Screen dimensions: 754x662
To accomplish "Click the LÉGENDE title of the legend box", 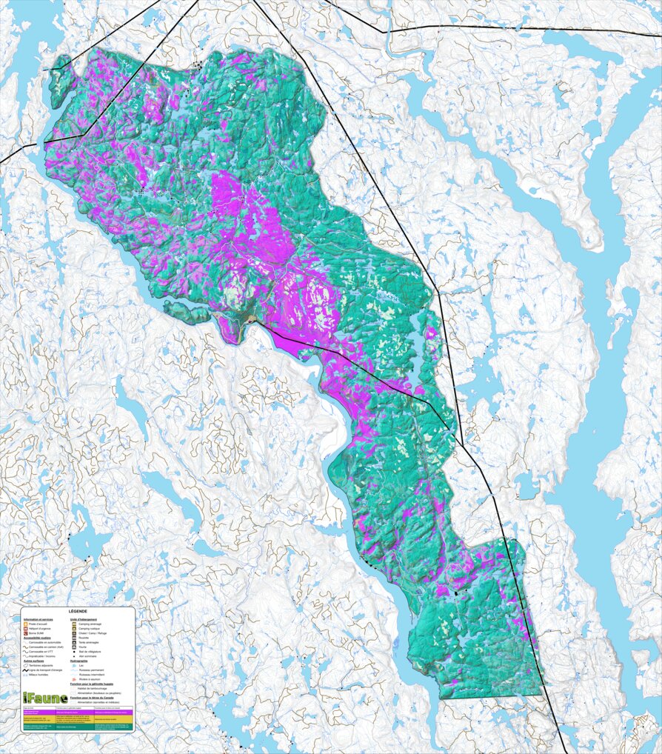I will point(78,612).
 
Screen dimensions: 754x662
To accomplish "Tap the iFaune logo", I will point(45,698).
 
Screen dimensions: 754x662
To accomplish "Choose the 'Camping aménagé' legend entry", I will point(89,624).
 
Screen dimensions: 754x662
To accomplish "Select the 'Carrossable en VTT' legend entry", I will point(41,651).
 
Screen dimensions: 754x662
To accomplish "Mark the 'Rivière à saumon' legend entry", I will point(90,680).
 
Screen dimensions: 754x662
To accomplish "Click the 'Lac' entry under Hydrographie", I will point(81,665).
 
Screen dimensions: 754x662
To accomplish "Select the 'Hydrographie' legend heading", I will point(79,660).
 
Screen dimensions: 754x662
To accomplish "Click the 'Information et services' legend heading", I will point(38,619).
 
